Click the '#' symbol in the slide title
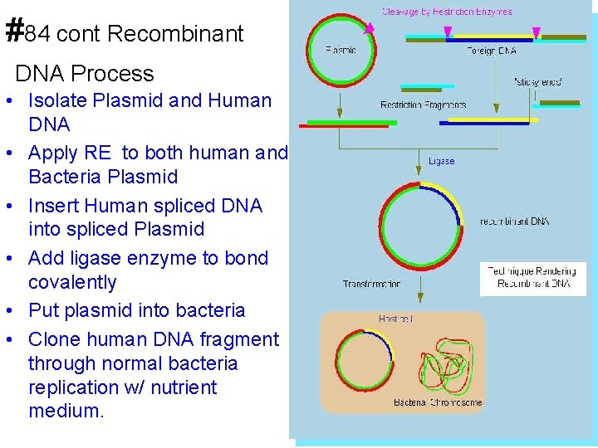pyautogui.click(x=13, y=31)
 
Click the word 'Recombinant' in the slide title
pyautogui.click(x=175, y=34)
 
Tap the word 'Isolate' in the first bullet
pyautogui.click(x=56, y=101)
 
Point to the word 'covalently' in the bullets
pyautogui.click(x=72, y=282)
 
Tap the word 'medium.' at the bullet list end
pyautogui.click(x=66, y=411)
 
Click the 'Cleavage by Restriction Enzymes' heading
pyautogui.click(x=447, y=12)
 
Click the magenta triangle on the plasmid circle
pyautogui.click(x=369, y=27)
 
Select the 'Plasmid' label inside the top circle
pyautogui.click(x=341, y=50)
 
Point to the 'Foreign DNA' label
pyautogui.click(x=492, y=51)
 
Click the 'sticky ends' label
pyautogui.click(x=538, y=81)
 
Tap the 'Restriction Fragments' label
pyautogui.click(x=423, y=105)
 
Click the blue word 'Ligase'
pyautogui.click(x=441, y=161)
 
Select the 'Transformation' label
pyautogui.click(x=371, y=284)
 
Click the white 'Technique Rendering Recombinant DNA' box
pyautogui.click(x=532, y=278)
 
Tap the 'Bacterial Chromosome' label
pyautogui.click(x=438, y=402)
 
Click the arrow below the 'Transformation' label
pyautogui.click(x=420, y=291)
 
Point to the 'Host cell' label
pyautogui.click(x=396, y=319)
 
